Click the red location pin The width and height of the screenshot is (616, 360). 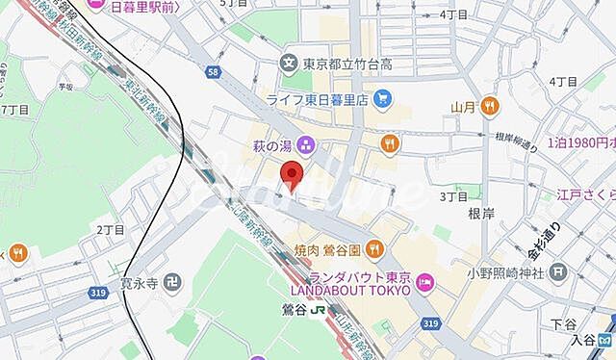[x=291, y=174]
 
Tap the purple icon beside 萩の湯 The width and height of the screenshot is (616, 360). [x=306, y=145]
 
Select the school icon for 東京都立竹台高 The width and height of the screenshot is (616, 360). [x=288, y=64]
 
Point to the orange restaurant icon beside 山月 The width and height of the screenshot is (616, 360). [x=491, y=107]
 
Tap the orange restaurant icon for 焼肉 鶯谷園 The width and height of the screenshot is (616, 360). [x=376, y=249]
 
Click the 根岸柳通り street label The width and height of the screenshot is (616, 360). [x=518, y=137]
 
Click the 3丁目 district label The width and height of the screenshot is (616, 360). [x=452, y=196]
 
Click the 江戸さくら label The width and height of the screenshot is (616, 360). [x=585, y=195]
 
